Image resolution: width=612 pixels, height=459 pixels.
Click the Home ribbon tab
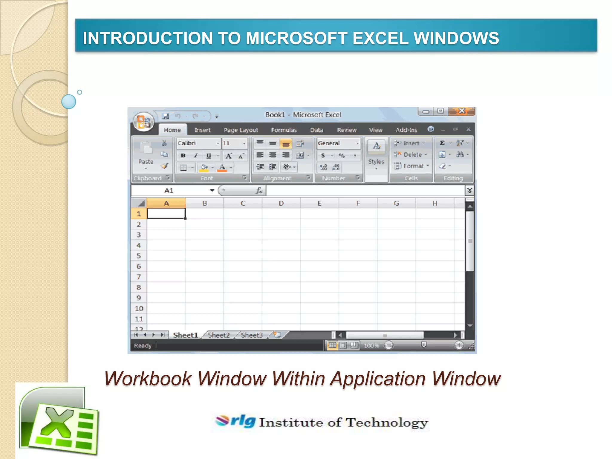pos(172,130)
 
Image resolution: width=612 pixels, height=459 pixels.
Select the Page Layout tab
pos(241,130)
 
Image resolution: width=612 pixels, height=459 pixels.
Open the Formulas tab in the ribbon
pos(284,130)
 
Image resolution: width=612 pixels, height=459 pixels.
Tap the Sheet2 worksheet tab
pos(219,335)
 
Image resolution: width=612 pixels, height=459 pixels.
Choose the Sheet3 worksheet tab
pos(252,335)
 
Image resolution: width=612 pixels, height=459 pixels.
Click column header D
pos(281,204)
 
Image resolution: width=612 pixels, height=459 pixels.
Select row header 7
pos(139,277)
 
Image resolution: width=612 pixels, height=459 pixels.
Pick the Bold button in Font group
pos(183,156)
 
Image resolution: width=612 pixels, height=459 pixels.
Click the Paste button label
pos(146,162)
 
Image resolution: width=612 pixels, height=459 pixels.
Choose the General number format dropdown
pos(338,143)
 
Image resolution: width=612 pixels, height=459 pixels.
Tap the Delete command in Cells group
pos(412,155)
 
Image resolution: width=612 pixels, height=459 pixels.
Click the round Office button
pos(143,122)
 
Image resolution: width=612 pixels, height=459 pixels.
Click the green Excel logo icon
pos(59,421)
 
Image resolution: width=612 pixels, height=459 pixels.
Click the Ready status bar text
pos(143,346)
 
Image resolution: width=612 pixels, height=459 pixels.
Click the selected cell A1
pos(166,214)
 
